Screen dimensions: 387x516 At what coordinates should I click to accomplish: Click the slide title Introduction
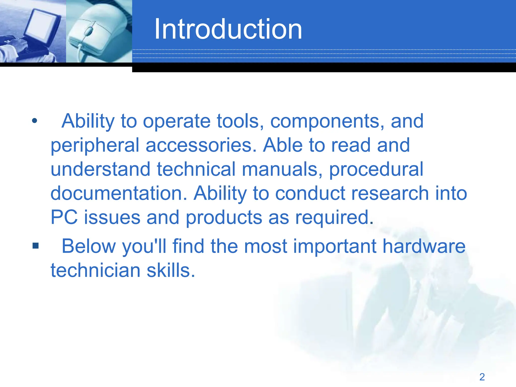pyautogui.click(x=228, y=29)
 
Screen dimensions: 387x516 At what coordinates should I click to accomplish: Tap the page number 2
pyautogui.click(x=482, y=377)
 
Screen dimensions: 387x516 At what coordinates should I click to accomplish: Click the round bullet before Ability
pyautogui.click(x=35, y=121)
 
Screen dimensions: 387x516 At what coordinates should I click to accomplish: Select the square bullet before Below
pyautogui.click(x=36, y=245)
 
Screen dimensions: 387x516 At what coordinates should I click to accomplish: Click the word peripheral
pyautogui.click(x=95, y=146)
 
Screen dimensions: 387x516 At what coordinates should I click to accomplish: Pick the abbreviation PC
pyautogui.click(x=64, y=217)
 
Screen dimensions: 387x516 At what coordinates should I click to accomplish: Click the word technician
pyautogui.click(x=95, y=270)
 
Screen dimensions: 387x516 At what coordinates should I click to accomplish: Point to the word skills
pyautogui.click(x=171, y=270)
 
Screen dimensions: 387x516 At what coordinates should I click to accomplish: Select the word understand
pyautogui.click(x=101, y=169)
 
